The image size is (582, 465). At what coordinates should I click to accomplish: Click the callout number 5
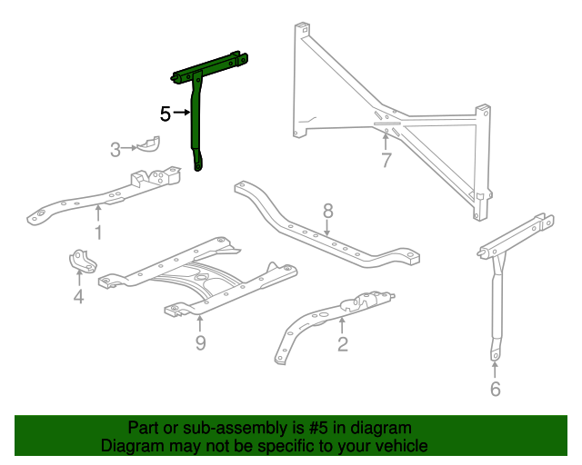tap(166, 114)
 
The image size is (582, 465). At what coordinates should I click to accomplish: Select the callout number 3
tap(115, 150)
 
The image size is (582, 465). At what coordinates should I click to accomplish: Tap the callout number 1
tap(98, 232)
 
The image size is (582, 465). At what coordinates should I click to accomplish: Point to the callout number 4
tap(78, 296)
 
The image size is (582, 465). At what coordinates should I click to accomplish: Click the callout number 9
tap(200, 341)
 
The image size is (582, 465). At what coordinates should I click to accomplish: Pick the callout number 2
tap(342, 343)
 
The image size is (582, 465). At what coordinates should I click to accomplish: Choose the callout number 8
tap(328, 211)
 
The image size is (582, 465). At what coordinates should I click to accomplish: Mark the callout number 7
tap(386, 162)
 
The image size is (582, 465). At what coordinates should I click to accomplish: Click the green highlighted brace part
tap(196, 118)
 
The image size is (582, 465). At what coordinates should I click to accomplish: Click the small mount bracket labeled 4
tap(82, 261)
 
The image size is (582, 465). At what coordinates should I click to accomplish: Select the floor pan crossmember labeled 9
tap(200, 277)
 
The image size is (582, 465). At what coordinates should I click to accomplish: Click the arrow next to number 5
tap(181, 114)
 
